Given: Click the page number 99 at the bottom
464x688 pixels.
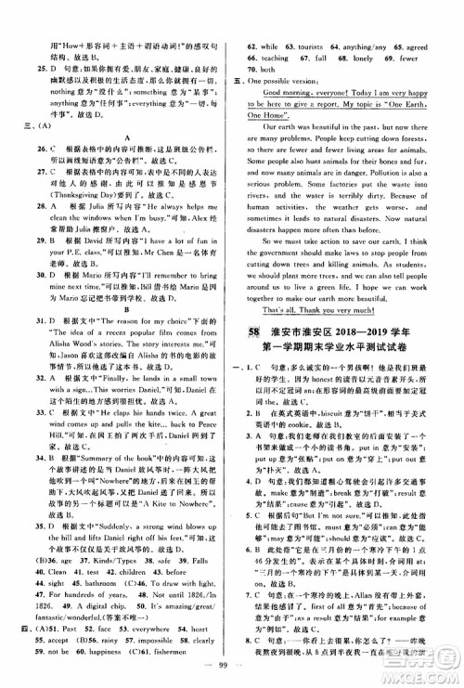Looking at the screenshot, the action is pyautogui.click(x=231, y=671).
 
